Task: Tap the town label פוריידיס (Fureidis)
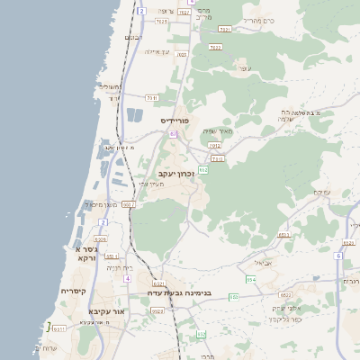pos(178,120)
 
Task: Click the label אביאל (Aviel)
pos(261,262)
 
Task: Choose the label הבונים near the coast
pos(133,37)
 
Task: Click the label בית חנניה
pos(119,267)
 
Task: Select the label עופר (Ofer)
pos(244,67)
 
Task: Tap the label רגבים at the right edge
pos(351,282)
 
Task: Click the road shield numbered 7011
pos(151,97)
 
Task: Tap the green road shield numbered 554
pos(252,280)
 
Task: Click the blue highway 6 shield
pos(338,256)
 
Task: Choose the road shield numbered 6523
pos(157,311)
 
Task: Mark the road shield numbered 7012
pos(214,144)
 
